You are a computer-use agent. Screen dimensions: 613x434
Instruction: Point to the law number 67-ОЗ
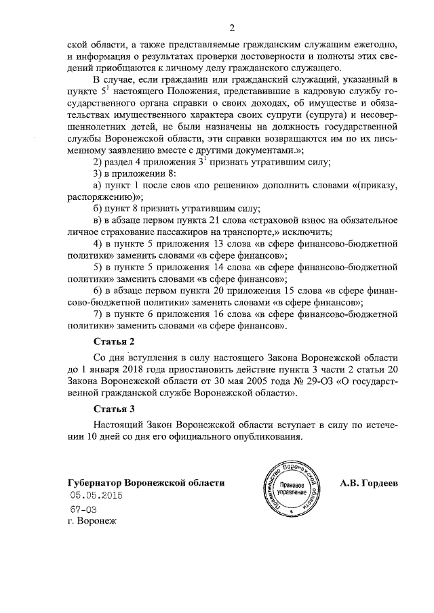pyautogui.click(x=83, y=509)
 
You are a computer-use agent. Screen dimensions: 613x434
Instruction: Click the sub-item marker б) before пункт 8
pyautogui.click(x=98, y=209)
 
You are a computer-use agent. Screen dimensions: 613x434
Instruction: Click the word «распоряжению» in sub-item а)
pyautogui.click(x=99, y=196)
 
